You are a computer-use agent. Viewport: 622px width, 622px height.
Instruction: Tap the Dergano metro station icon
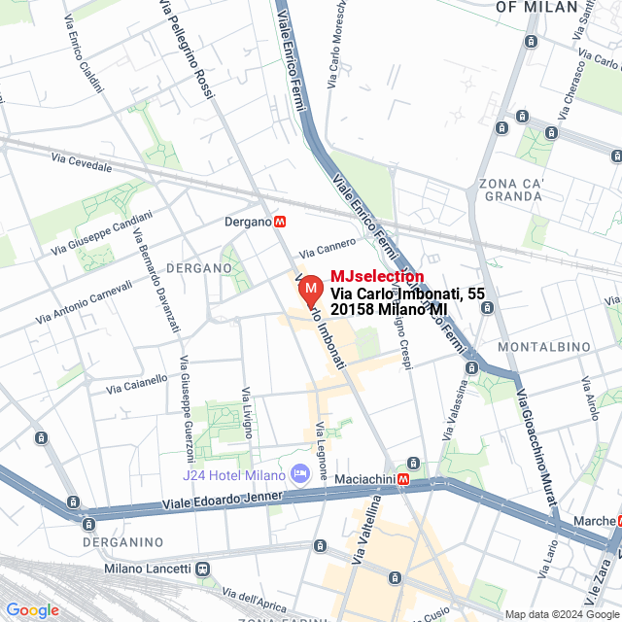tap(280, 222)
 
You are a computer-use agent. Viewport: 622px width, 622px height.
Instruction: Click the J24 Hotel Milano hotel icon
tap(299, 473)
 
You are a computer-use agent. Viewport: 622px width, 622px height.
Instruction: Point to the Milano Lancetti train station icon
tap(202, 569)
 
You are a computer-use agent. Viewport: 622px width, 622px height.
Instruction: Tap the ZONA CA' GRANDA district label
tap(510, 190)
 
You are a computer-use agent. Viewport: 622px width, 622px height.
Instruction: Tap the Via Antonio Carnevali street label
tap(84, 302)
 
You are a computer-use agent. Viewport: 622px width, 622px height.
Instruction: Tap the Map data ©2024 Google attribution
tap(562, 614)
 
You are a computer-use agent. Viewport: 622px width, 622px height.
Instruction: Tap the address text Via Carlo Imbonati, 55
tap(407, 294)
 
